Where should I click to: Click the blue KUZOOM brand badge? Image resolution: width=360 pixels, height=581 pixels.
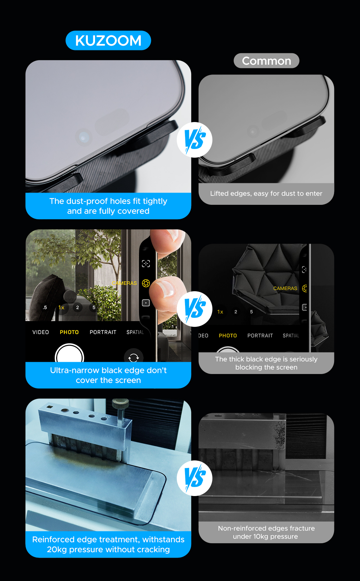[108, 40]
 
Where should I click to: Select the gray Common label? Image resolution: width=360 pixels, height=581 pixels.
[266, 61]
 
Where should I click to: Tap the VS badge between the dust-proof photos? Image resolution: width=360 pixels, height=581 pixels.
[194, 140]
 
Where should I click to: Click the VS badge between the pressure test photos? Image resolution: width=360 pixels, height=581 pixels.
[194, 478]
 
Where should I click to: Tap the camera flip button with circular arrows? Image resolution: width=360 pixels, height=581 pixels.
[134, 357]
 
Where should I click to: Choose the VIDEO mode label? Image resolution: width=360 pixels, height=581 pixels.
[41, 332]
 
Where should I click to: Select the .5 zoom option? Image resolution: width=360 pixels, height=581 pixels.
[45, 308]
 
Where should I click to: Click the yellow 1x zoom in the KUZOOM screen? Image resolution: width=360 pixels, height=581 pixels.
[62, 308]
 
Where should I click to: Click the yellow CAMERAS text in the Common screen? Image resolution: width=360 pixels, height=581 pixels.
[285, 288]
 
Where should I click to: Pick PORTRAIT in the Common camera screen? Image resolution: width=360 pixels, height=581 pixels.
[260, 335]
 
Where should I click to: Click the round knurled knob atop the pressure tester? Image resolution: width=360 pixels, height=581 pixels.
[120, 404]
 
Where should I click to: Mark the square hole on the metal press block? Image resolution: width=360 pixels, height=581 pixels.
[49, 407]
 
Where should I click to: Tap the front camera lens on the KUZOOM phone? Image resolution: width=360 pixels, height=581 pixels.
[84, 137]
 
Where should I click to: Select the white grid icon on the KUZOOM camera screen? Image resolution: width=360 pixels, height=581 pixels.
[146, 303]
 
